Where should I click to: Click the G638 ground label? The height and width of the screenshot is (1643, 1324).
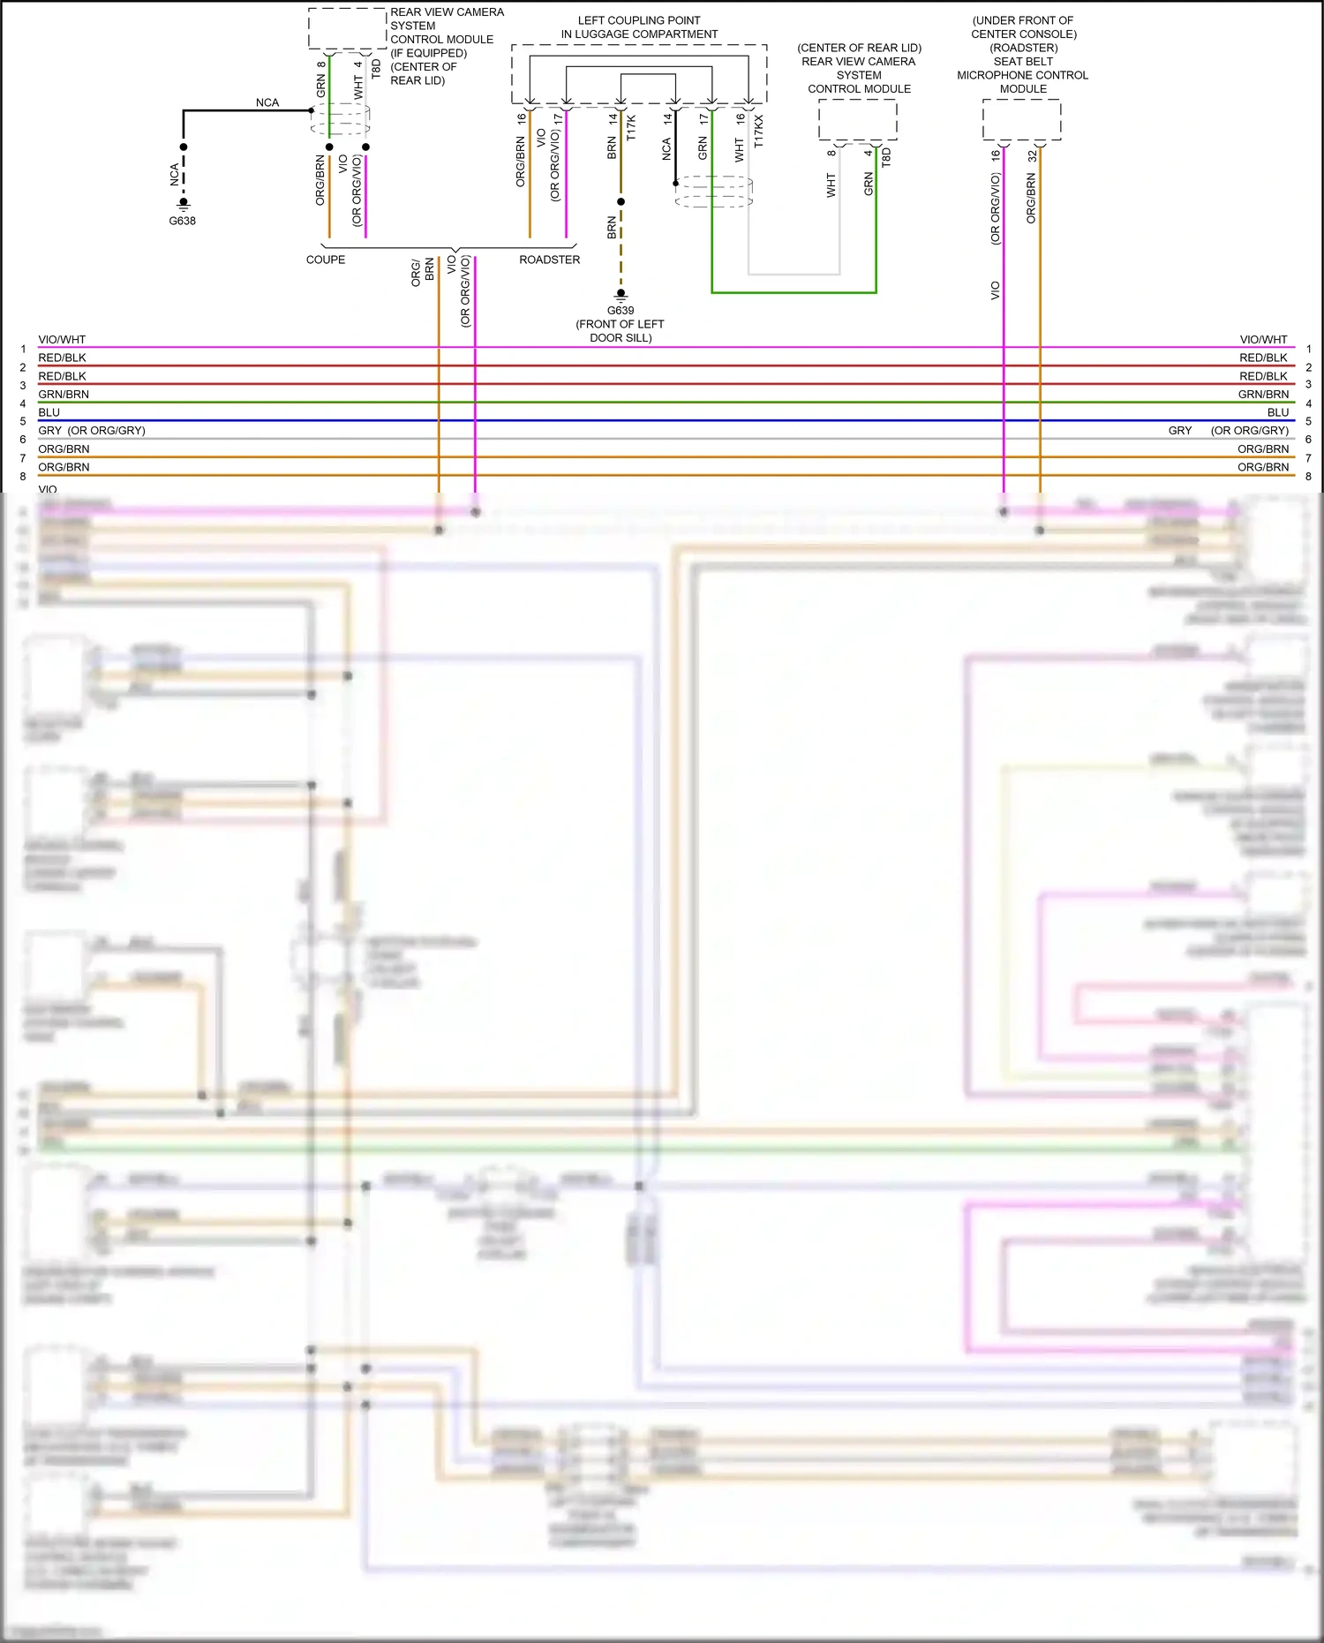click(182, 221)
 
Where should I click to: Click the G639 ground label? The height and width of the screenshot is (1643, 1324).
click(620, 311)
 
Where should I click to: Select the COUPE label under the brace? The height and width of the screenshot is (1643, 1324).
click(325, 260)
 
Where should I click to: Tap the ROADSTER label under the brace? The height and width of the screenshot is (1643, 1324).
click(549, 260)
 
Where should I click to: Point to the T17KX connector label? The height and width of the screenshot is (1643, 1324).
click(758, 132)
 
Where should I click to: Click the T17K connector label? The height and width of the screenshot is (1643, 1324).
click(630, 128)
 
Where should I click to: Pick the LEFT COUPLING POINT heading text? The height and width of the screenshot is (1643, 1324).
click(639, 27)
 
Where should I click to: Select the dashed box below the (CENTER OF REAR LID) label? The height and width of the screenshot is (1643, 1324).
click(857, 119)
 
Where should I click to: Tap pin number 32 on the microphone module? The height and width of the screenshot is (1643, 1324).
click(1032, 155)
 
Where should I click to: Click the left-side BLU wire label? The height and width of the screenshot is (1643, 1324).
click(49, 412)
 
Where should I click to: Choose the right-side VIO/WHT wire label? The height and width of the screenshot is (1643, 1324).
click(1263, 340)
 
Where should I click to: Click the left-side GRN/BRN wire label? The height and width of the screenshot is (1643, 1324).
click(64, 395)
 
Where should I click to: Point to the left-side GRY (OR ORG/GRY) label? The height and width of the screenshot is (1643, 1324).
click(92, 431)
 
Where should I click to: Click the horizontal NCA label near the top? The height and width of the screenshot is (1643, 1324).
click(267, 102)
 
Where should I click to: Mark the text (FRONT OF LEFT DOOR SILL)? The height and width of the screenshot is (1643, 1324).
click(620, 331)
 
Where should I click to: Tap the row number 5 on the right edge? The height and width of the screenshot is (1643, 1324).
click(1308, 421)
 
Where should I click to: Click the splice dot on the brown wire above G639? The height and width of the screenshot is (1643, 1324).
click(621, 201)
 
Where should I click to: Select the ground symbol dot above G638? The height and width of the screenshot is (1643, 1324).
click(183, 202)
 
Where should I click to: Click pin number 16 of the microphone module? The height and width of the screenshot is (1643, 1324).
click(996, 155)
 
